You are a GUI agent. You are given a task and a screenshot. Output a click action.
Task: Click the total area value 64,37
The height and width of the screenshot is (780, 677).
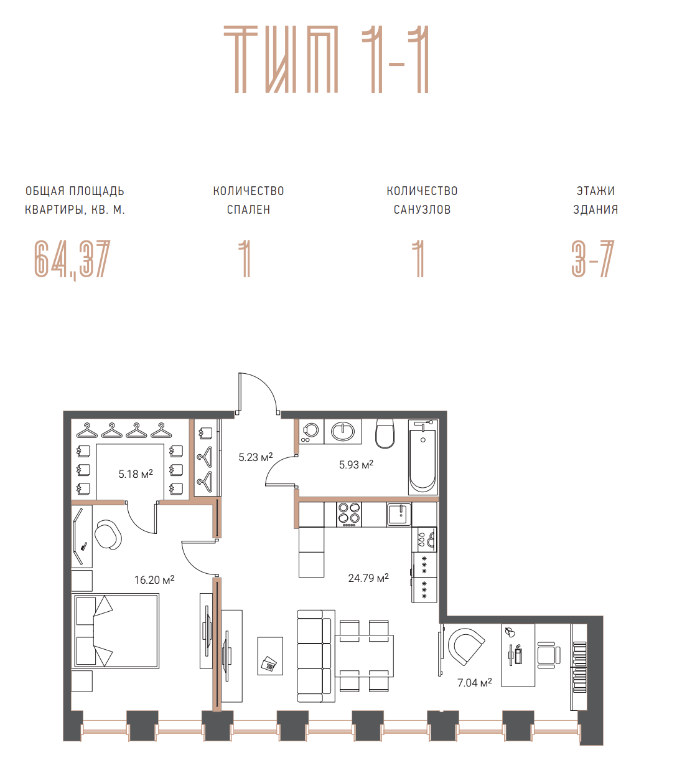72,259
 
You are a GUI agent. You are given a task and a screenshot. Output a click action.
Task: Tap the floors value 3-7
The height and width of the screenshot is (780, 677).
593,259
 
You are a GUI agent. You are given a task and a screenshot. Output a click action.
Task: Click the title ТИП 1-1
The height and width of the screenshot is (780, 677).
326,59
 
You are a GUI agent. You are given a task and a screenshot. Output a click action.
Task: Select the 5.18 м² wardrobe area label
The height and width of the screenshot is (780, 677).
136,474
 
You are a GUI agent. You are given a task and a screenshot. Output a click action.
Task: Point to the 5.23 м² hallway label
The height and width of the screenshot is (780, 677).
256,457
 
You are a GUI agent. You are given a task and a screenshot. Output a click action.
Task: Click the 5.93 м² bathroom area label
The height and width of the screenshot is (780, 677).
356,464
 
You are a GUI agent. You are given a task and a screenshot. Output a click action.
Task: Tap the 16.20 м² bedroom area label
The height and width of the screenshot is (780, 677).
154,580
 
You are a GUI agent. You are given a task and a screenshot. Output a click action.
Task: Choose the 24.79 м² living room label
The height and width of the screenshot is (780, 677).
368,578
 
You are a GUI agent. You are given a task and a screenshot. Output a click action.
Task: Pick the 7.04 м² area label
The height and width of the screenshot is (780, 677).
474,682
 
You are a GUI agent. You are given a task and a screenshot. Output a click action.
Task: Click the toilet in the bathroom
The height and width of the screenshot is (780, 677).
385,434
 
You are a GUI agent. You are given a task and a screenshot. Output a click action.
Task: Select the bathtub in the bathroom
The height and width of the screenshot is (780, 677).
423,457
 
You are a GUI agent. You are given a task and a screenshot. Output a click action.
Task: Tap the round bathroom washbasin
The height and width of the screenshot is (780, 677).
343,432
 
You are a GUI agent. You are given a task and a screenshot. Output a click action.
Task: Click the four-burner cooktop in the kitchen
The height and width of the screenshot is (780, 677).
349,515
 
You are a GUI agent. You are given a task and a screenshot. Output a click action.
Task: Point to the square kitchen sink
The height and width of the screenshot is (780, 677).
399,514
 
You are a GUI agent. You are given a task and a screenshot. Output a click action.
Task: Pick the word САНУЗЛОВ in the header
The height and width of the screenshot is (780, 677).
422,210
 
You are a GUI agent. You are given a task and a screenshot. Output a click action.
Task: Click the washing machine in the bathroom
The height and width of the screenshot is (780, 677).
311,432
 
